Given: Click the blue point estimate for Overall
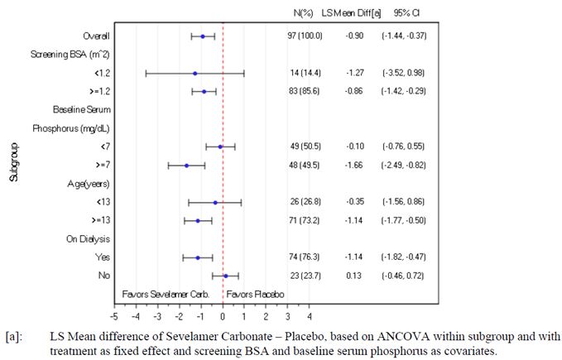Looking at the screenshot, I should coord(203,36).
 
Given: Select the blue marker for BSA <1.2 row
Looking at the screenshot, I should coord(195,74).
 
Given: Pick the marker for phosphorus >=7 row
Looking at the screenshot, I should coord(187,166).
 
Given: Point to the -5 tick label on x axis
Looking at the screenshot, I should coord(114,316).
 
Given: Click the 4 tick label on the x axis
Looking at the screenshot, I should coord(310,316).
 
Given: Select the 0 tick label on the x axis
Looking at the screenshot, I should coord(223,316).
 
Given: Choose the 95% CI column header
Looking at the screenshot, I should coord(405,12).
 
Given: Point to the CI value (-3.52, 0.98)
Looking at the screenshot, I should coord(404,74).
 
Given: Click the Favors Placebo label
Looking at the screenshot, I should coord(256,294).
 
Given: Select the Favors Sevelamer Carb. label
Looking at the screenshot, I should coord(168,294).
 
